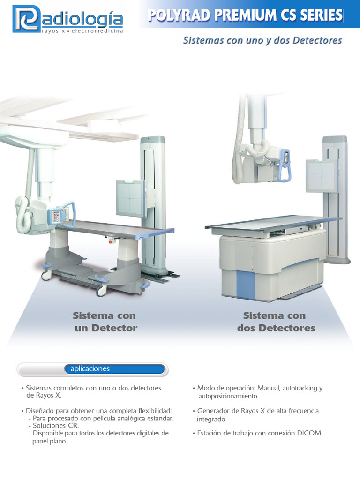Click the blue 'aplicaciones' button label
[x=90, y=369]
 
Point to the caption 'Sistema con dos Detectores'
[x=276, y=322]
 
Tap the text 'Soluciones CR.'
[x=56, y=426]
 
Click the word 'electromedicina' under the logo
[x=97, y=31]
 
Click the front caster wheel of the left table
[x=101, y=291]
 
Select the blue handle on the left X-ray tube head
[x=69, y=213]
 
